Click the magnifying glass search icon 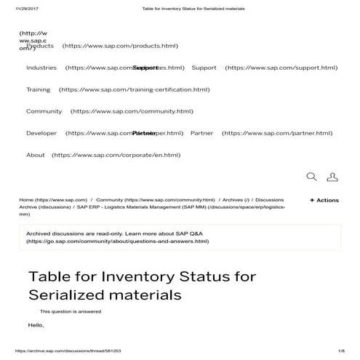point(311,177)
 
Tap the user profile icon point(332,177)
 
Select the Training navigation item point(39,90)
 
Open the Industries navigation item point(41,68)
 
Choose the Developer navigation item point(41,134)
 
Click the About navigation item point(36,155)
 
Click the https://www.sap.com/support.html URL point(281,68)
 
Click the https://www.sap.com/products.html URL point(120,46)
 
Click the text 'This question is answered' point(71,311)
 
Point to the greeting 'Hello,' point(36,324)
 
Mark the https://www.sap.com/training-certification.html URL point(134,90)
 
